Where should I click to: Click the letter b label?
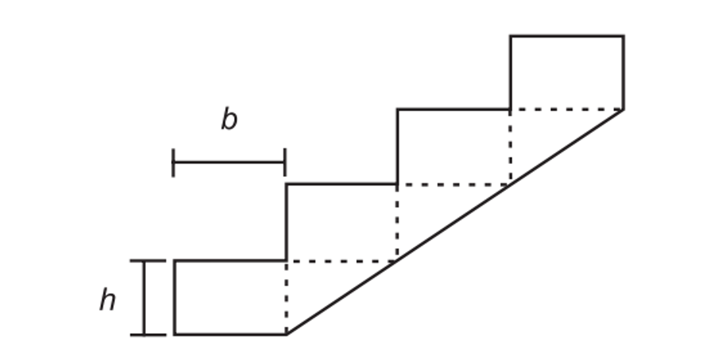(x=229, y=119)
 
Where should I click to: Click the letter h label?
(x=107, y=299)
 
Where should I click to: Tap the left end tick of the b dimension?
(x=173, y=162)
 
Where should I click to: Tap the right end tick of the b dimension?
(x=285, y=162)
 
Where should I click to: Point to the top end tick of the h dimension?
(x=148, y=261)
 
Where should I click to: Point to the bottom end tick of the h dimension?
(x=148, y=335)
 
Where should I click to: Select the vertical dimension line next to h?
(x=144, y=298)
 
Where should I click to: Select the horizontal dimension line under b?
(x=229, y=162)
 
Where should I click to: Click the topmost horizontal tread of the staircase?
(x=567, y=36)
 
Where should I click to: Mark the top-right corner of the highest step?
(x=623, y=36)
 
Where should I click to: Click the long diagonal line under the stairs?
(x=455, y=222)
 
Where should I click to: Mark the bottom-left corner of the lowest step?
(x=175, y=334)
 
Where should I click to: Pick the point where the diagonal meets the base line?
(x=287, y=334)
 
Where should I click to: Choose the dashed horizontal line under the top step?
(x=567, y=110)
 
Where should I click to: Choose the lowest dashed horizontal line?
(x=341, y=261)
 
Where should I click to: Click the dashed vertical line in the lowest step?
(x=287, y=297)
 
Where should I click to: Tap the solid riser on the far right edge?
(x=623, y=73)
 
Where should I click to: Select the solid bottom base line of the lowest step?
(x=231, y=334)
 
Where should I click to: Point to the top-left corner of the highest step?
(x=511, y=36)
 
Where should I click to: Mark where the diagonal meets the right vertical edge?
(x=623, y=110)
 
